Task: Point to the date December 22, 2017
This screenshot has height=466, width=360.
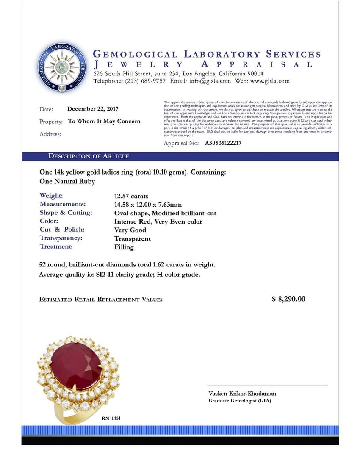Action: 93,109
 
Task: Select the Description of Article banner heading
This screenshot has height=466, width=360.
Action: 89,156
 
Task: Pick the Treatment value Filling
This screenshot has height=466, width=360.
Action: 124,247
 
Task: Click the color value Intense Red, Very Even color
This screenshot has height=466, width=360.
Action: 158,221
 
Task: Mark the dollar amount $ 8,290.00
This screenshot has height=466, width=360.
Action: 288,299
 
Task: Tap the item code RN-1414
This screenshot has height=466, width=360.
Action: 111,418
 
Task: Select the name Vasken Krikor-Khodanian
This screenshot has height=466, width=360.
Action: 242,394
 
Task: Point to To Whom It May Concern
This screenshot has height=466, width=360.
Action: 104,121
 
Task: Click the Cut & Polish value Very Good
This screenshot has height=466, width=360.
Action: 130,230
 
